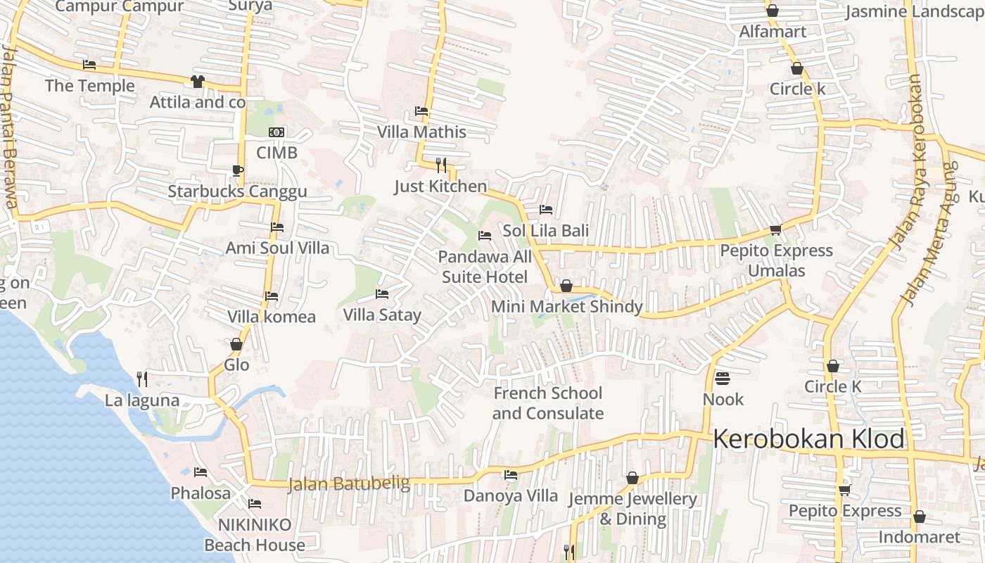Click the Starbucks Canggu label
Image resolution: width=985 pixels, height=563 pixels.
coord(237,191)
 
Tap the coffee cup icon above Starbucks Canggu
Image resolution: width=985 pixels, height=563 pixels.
coord(238,170)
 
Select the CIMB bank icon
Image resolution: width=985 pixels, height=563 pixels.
coord(277,132)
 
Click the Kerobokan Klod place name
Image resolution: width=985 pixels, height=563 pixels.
coord(809,439)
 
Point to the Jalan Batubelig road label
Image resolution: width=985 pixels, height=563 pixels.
coord(349,483)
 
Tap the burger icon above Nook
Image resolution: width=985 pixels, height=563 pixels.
coord(723,379)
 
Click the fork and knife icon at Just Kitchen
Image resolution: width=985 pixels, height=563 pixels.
coord(441,165)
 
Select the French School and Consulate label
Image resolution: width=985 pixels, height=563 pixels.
coord(547,403)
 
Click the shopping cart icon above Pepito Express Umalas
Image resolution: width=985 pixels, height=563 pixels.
coord(776,229)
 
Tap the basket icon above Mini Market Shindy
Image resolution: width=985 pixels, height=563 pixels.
coord(566,286)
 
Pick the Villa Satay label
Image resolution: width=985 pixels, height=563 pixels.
coord(382,315)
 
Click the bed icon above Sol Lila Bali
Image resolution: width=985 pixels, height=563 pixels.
coord(545,210)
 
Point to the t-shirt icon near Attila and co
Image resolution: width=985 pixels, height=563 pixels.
coord(197,82)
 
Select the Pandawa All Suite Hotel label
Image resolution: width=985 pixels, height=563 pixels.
coord(485,267)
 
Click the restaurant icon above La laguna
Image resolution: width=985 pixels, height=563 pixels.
coord(142,379)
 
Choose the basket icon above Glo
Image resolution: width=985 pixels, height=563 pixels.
coord(236,344)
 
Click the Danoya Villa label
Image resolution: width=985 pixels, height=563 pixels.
coord(510,495)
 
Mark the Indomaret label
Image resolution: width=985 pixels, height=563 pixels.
coord(919,538)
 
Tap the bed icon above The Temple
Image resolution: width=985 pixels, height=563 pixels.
coord(89,65)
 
